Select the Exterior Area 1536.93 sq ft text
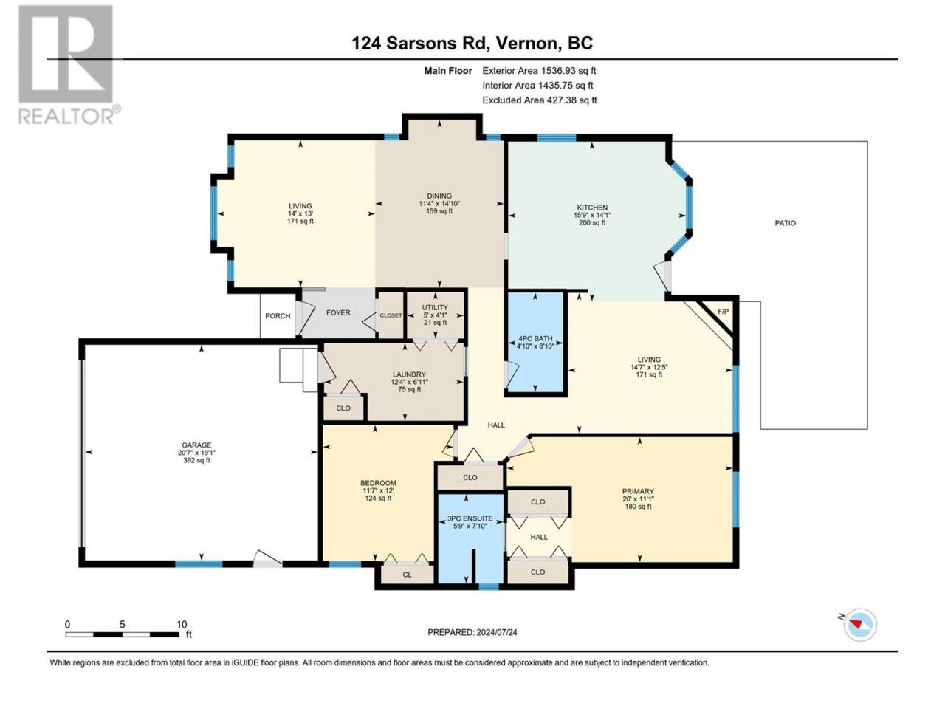click(x=539, y=71)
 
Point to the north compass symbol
click(x=859, y=625)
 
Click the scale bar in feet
click(x=123, y=634)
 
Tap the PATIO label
click(x=786, y=223)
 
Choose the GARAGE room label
click(x=196, y=445)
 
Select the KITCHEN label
click(x=592, y=208)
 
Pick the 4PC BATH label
click(x=535, y=339)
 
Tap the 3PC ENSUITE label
click(x=470, y=518)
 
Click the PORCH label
click(x=278, y=316)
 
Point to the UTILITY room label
click(x=435, y=307)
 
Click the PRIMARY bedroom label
click(x=638, y=491)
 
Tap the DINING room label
click(x=439, y=196)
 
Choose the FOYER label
click(x=338, y=312)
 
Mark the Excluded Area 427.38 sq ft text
click(x=540, y=100)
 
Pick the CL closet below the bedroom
click(x=407, y=575)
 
